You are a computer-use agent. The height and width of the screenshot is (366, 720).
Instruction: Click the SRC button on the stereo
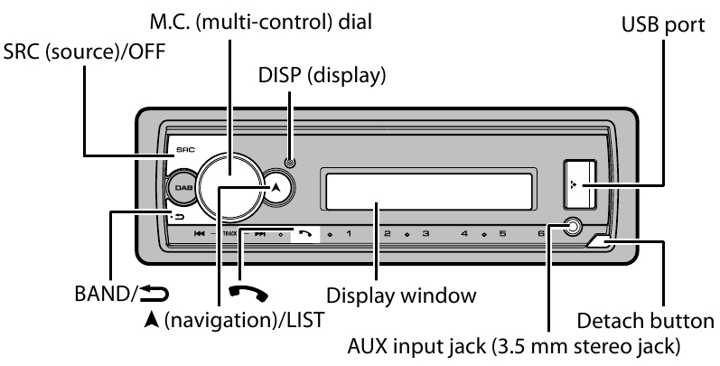click(183, 145)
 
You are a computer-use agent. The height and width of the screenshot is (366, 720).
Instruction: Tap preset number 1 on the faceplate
click(350, 233)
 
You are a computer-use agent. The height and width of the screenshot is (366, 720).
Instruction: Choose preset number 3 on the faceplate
click(425, 233)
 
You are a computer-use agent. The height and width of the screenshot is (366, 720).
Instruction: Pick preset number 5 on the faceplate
click(502, 233)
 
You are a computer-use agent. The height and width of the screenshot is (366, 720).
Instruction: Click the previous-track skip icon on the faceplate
click(198, 233)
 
